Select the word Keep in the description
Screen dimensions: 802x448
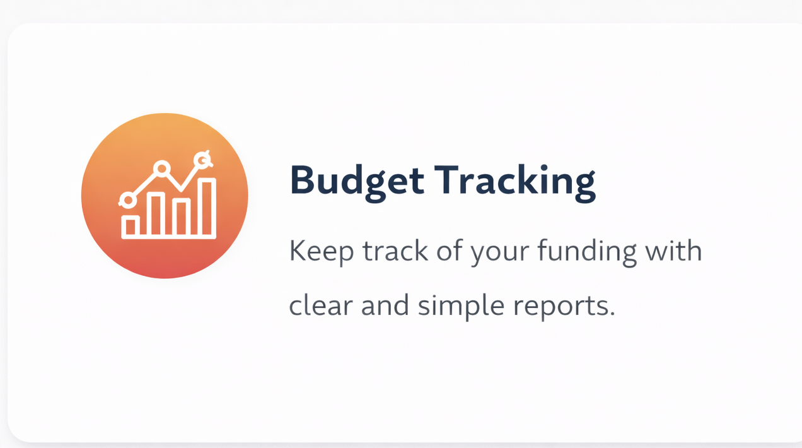321,252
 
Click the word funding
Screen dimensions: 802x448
587,252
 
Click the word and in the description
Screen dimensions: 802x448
385,305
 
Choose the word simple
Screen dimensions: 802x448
461,307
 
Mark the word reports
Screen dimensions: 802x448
564,307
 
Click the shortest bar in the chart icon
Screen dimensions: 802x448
131,227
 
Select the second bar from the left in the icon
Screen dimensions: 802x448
156,215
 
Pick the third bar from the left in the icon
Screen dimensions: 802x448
181,218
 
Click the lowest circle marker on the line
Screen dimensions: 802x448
127,199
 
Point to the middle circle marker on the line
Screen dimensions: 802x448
162,168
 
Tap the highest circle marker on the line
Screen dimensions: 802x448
202,159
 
